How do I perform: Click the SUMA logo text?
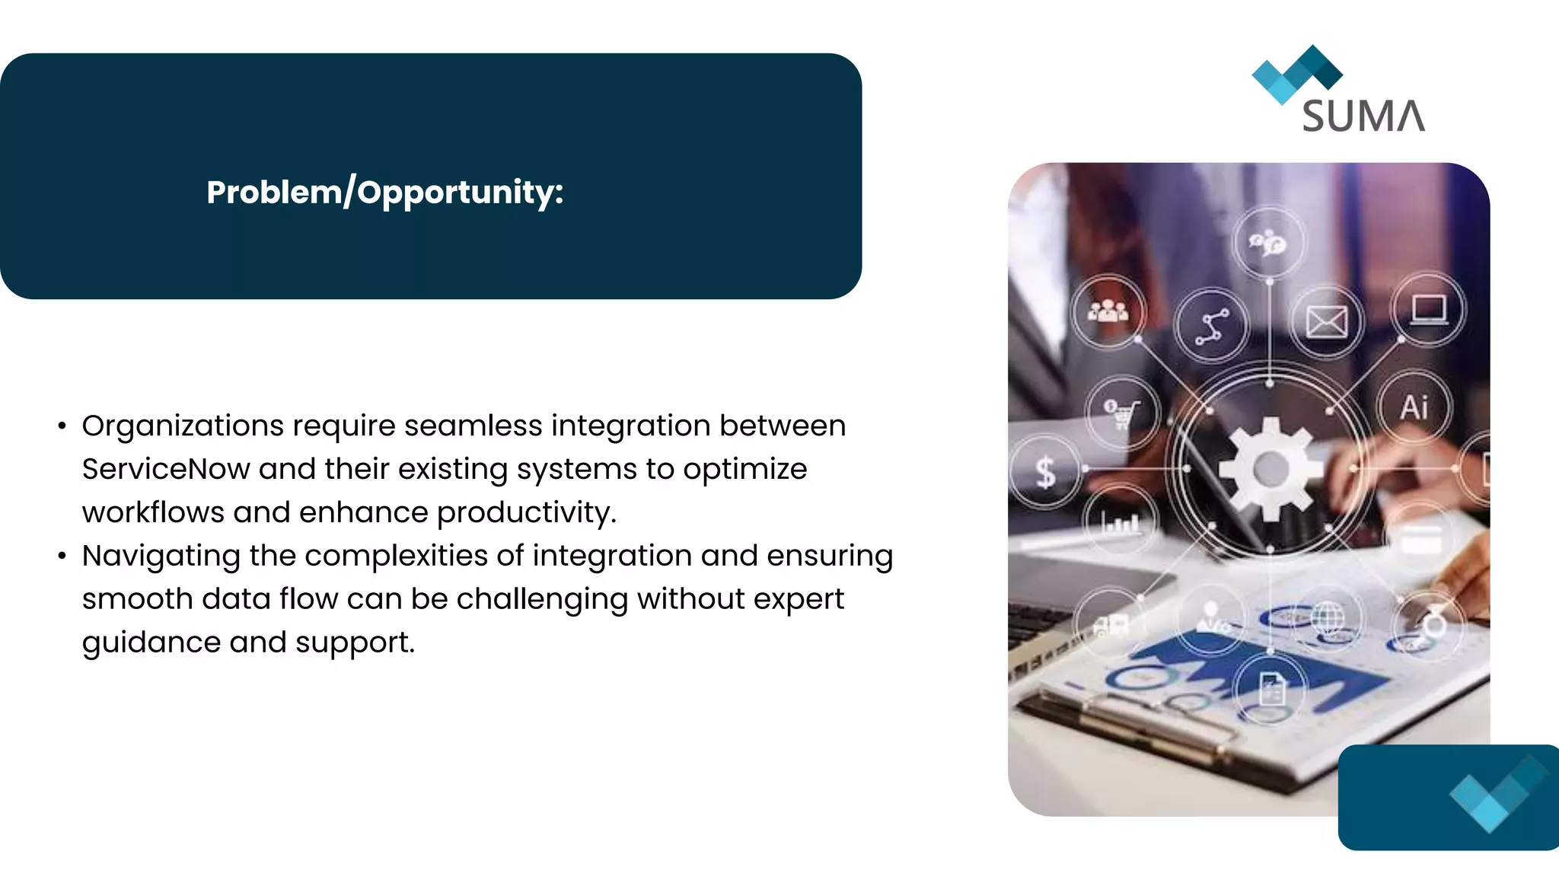pos(1363,116)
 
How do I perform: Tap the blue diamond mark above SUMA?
pos(1296,74)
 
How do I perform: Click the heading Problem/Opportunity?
pos(384,192)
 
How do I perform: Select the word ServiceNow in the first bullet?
pos(165,469)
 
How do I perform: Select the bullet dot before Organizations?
pos(62,426)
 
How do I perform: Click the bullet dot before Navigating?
pos(62,556)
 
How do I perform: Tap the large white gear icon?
pos(1270,469)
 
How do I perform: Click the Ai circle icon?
pos(1414,407)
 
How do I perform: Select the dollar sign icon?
pos(1046,472)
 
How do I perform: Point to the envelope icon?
pos(1326,322)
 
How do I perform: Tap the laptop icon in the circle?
pos(1428,310)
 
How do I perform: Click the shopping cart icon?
pos(1121,414)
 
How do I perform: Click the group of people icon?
pos(1108,311)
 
